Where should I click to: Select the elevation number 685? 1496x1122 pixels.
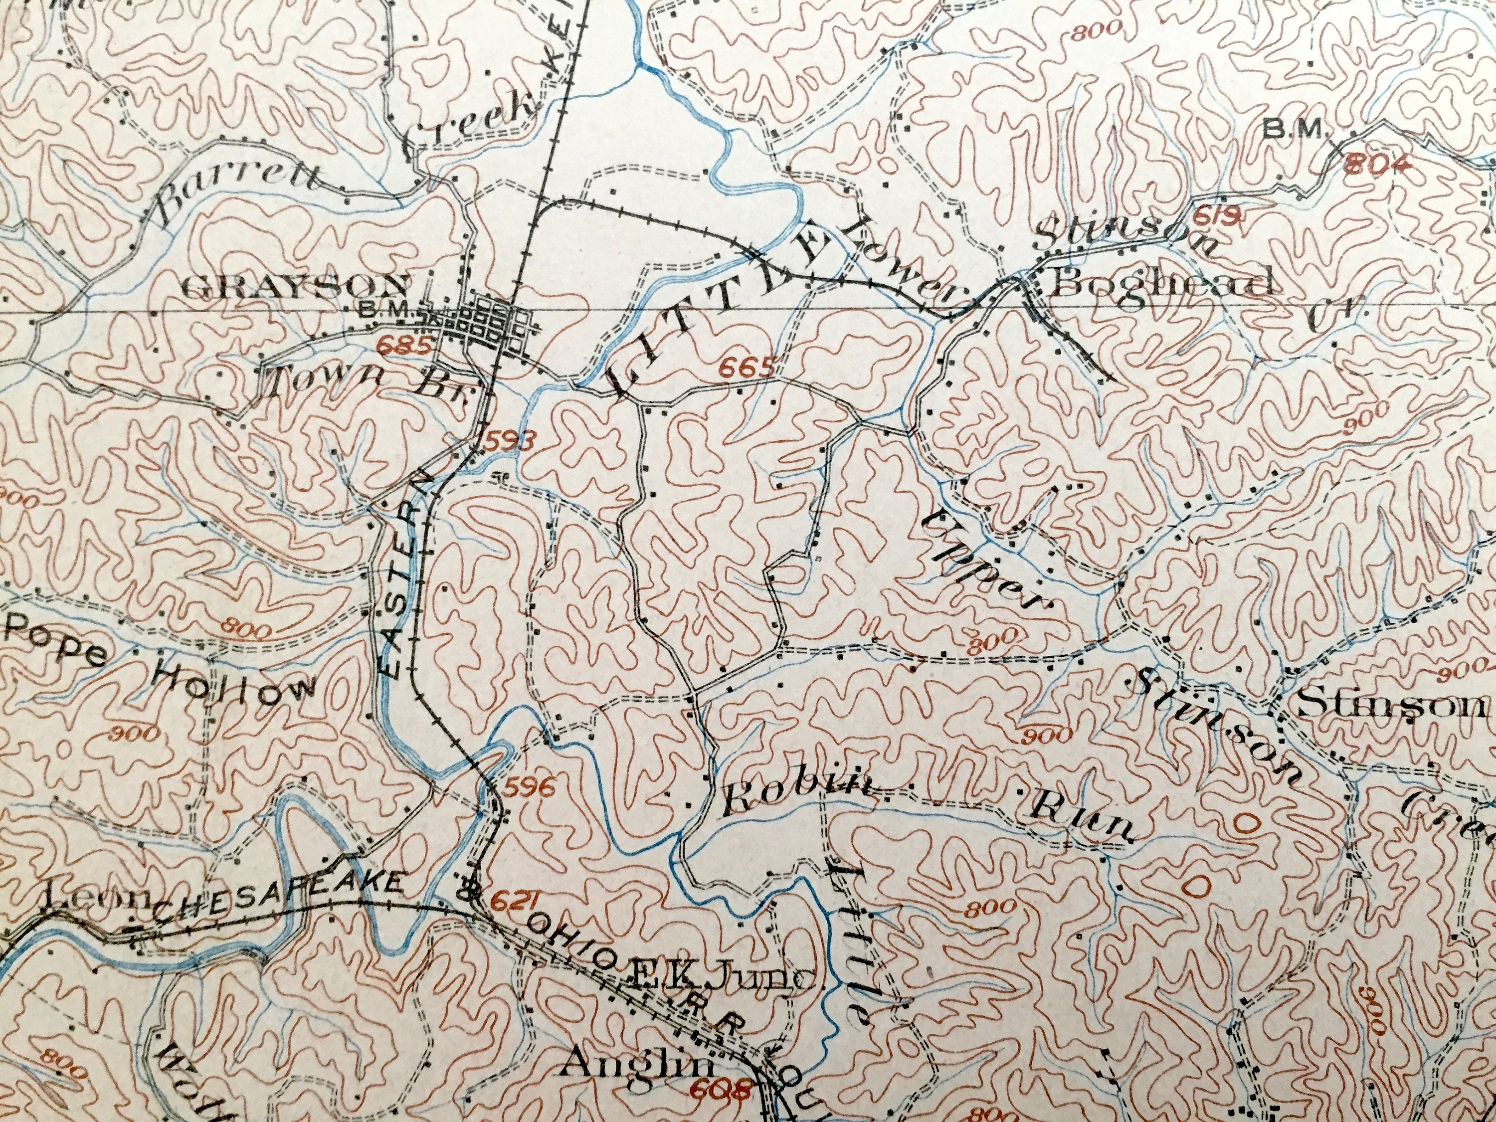405,346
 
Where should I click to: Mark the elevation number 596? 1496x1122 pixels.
531,786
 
